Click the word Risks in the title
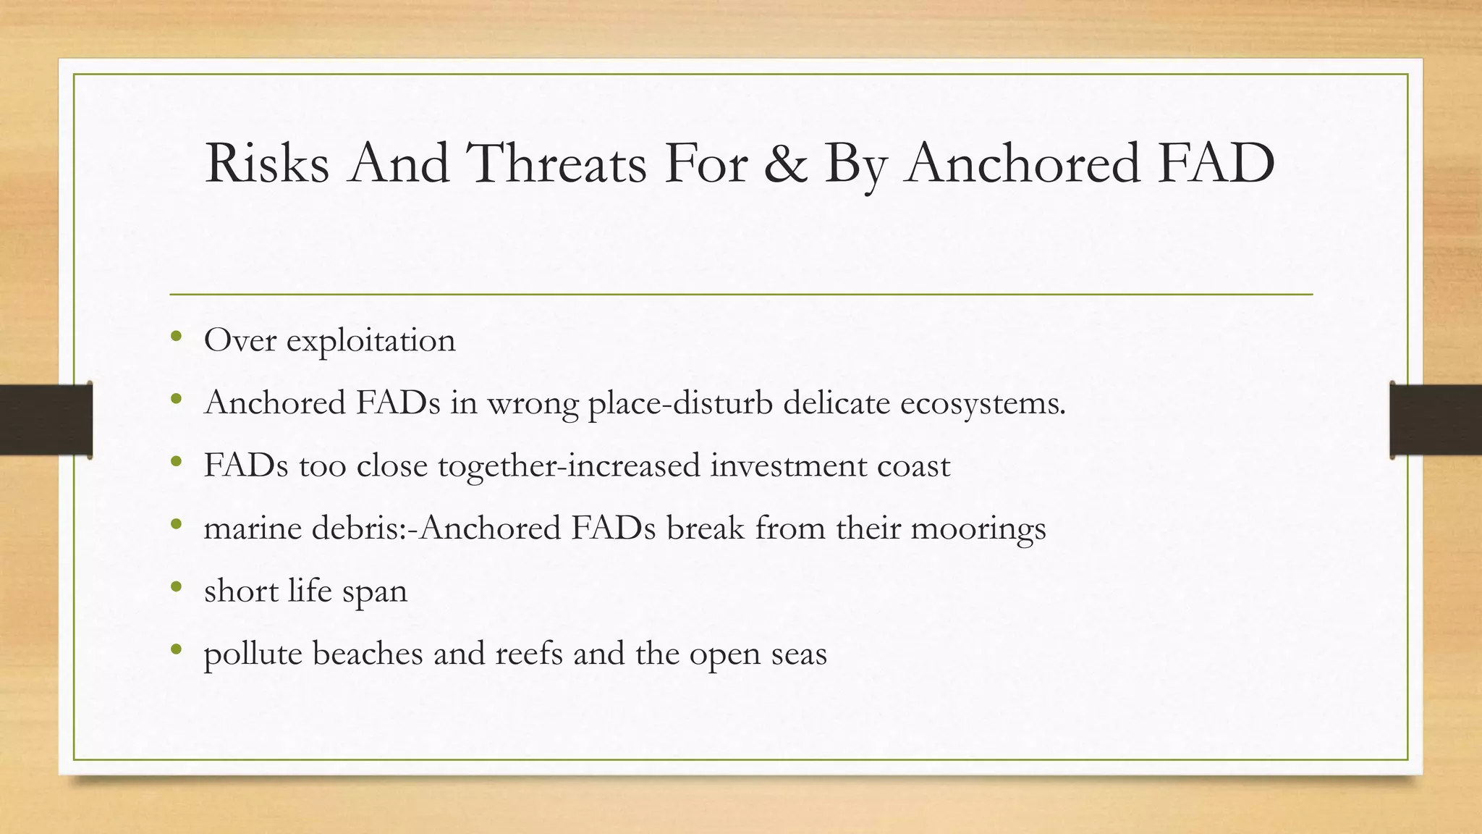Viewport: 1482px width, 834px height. [266, 164]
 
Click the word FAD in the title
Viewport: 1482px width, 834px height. [1215, 164]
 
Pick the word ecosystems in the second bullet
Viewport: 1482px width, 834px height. [982, 404]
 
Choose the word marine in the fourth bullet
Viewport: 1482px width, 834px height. [253, 528]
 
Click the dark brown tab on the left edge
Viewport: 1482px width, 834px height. [46, 420]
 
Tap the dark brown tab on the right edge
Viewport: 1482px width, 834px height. [1436, 420]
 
